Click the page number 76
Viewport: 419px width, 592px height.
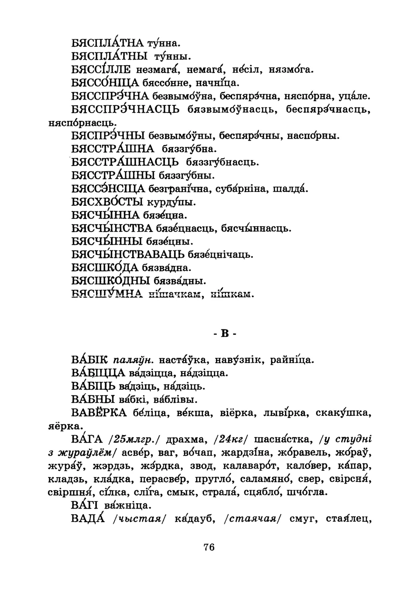click(209, 547)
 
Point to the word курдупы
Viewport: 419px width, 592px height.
click(171, 203)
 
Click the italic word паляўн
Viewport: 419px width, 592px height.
click(133, 360)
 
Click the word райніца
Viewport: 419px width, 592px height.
click(292, 360)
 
